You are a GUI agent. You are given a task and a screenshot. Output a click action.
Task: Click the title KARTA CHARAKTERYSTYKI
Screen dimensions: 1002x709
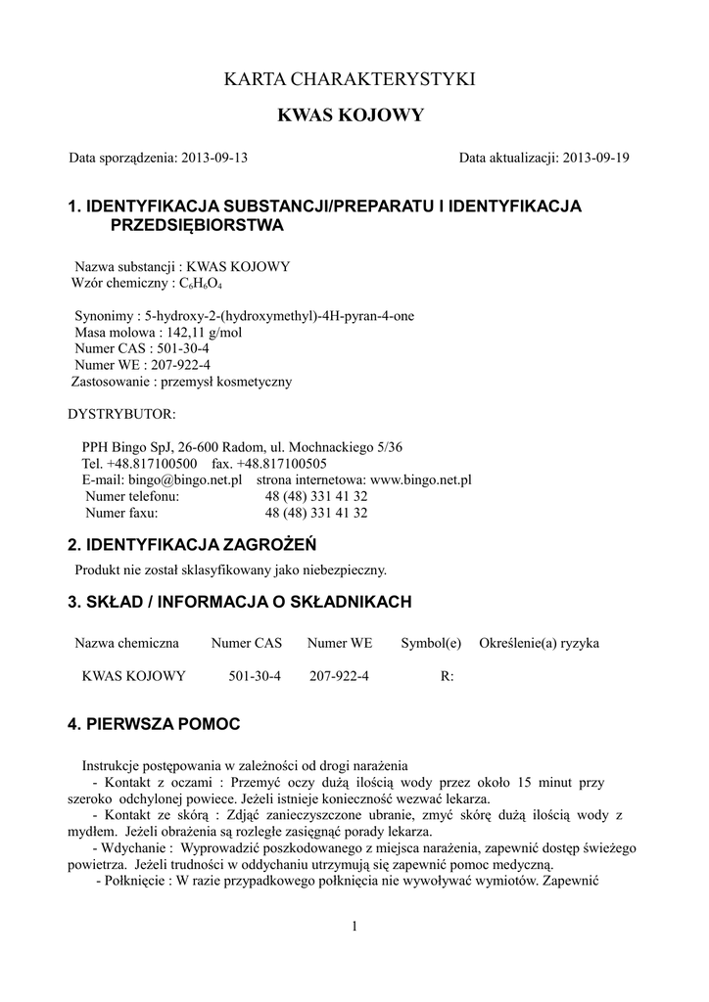click(x=351, y=78)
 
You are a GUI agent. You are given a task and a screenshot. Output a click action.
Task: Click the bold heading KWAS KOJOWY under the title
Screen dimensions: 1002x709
click(x=351, y=115)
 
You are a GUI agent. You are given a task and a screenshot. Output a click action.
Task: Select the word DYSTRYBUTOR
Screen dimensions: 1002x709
click(x=121, y=414)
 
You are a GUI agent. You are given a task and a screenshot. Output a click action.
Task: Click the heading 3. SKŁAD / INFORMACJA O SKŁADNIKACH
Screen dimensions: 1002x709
click(x=240, y=601)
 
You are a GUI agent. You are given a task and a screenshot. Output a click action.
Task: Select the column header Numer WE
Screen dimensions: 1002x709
click(x=339, y=643)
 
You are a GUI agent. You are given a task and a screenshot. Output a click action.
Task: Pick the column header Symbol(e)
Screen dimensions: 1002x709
click(x=430, y=643)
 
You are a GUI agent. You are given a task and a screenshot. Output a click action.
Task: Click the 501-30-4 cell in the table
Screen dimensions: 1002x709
click(x=254, y=676)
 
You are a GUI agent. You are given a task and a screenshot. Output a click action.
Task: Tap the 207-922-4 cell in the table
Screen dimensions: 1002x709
click(x=339, y=676)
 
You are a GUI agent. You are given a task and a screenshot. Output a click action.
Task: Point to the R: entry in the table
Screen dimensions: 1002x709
click(x=448, y=676)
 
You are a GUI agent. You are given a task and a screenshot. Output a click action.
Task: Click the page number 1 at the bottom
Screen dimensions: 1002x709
click(x=354, y=927)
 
